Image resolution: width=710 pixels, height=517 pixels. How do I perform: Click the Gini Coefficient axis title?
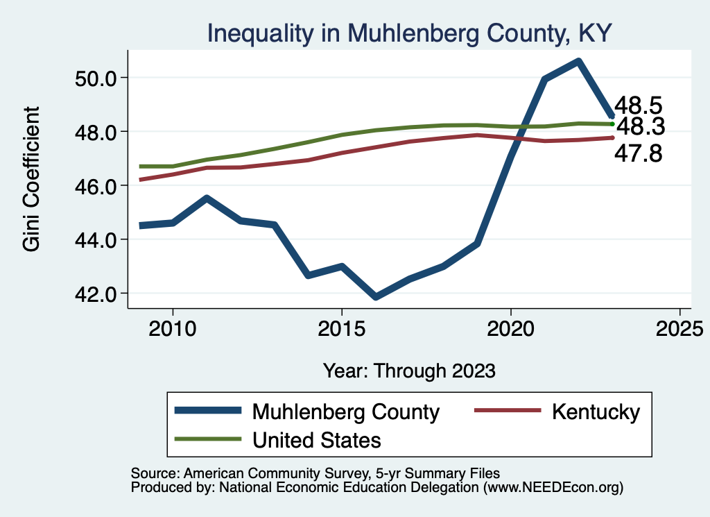point(32,179)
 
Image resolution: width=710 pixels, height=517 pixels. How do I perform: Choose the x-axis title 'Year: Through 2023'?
point(409,371)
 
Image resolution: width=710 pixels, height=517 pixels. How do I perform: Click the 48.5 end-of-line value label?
point(639,105)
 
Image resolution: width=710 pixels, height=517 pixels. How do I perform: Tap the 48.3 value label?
point(640,127)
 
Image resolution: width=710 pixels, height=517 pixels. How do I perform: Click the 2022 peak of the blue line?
point(578,61)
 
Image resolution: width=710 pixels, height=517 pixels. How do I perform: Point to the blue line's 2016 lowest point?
point(375,297)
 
